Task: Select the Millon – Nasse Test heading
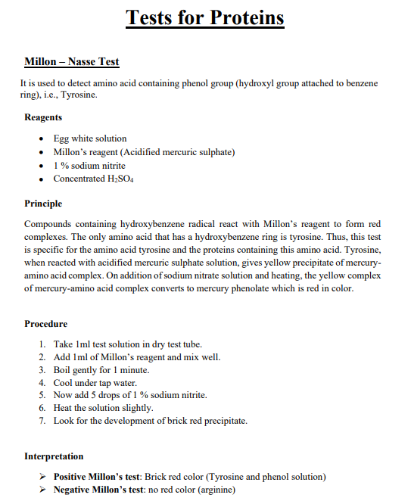click(x=71, y=61)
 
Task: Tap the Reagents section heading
click(x=43, y=117)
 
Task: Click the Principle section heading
click(x=43, y=204)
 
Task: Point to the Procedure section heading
click(x=45, y=324)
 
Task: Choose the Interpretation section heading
click(x=54, y=456)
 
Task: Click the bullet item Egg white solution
click(x=89, y=138)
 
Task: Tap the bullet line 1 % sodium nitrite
click(x=89, y=166)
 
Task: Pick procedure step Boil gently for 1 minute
click(x=101, y=370)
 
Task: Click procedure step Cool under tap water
click(x=95, y=383)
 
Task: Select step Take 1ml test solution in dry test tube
click(x=127, y=344)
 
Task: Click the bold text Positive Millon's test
click(x=97, y=477)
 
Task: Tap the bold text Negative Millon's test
click(x=98, y=490)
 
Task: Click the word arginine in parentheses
click(x=216, y=490)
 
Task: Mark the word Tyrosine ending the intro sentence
click(x=78, y=96)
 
